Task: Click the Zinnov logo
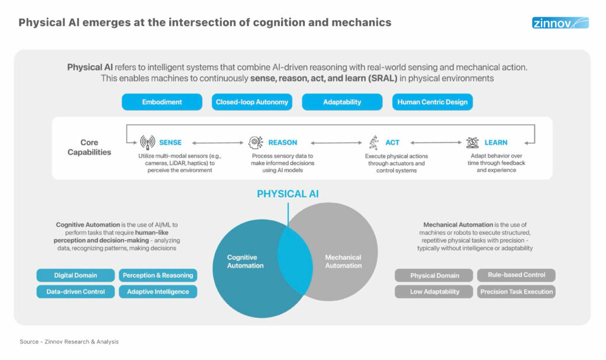(x=560, y=23)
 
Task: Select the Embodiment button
(x=162, y=102)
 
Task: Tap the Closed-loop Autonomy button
(x=252, y=102)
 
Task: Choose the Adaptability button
(x=342, y=102)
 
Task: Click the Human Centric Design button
(x=432, y=102)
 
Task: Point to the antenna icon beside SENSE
(x=147, y=143)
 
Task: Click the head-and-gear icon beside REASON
(x=256, y=143)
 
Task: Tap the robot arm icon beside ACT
(x=373, y=143)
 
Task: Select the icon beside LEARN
(x=472, y=143)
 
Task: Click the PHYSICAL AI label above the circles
(x=288, y=194)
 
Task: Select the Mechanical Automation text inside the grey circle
(x=343, y=261)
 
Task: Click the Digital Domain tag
(x=75, y=275)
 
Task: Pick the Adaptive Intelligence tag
(x=158, y=291)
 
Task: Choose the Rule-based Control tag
(x=517, y=275)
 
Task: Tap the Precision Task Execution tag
(x=517, y=291)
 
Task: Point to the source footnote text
(x=69, y=342)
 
